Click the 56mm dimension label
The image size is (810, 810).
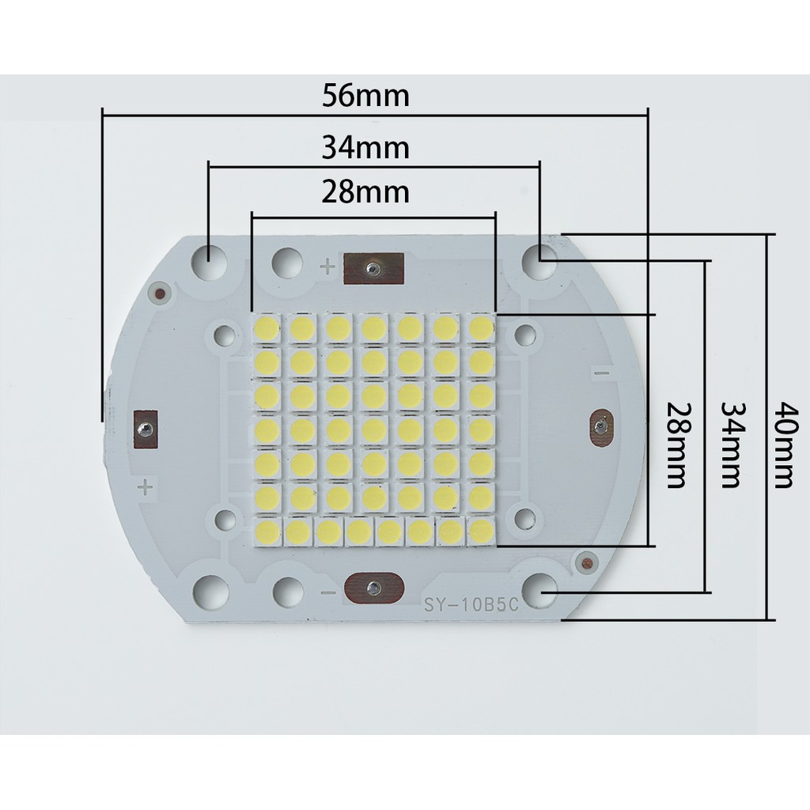coord(365,96)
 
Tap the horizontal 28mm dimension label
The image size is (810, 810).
coord(365,191)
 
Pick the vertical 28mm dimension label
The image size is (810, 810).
coord(676,445)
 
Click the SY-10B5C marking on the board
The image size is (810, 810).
coord(471,607)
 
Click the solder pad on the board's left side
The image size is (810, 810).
coord(146,428)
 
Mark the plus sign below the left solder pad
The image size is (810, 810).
coord(145,486)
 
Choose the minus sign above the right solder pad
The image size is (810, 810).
coord(602,373)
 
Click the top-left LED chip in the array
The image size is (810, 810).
coord(267,327)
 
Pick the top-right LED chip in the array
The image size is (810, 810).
coord(480,327)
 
